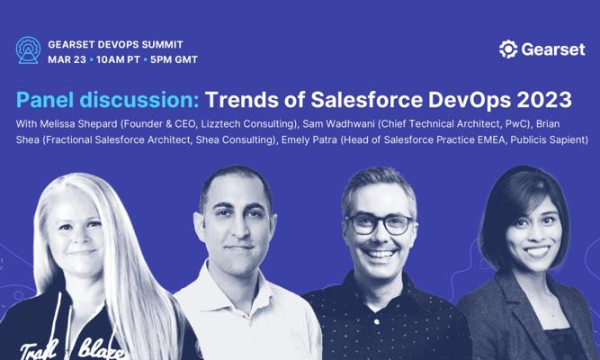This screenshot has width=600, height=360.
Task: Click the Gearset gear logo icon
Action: point(508,49)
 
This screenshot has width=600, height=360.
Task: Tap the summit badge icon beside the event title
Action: point(28,50)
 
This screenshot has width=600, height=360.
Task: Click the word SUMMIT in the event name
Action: point(163,44)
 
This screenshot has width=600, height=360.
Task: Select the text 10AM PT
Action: point(118,59)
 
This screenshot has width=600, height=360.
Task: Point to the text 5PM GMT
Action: point(174,59)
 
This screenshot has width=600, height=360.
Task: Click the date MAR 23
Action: point(67,59)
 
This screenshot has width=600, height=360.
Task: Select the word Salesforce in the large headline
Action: point(367,100)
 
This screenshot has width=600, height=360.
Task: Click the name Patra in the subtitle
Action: point(326,139)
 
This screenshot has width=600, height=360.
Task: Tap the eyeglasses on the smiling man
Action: point(379,224)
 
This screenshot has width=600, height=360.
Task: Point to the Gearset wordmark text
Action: point(553,49)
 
